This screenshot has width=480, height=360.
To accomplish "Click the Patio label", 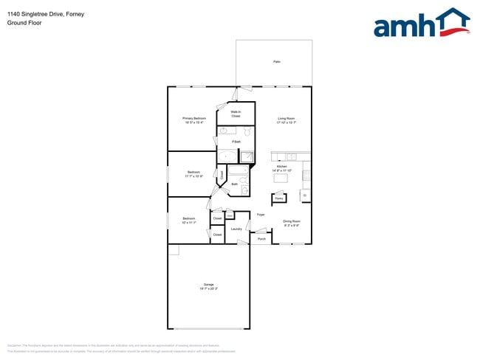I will click(x=277, y=62).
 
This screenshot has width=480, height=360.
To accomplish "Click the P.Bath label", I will click(x=236, y=142).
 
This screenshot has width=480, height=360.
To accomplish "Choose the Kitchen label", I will click(x=281, y=167).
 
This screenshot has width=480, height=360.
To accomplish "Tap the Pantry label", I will click(x=279, y=198).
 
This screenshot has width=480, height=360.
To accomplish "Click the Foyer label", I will click(x=261, y=215).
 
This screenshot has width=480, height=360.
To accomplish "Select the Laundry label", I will click(x=236, y=229).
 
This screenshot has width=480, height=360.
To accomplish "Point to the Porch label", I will click(x=261, y=239).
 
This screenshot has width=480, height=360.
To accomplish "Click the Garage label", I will click(x=209, y=285).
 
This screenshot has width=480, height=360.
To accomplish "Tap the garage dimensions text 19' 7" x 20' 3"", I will click(x=209, y=289).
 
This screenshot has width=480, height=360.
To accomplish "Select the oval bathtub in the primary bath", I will click(x=227, y=156).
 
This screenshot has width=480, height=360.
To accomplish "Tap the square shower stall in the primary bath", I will click(x=247, y=156).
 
